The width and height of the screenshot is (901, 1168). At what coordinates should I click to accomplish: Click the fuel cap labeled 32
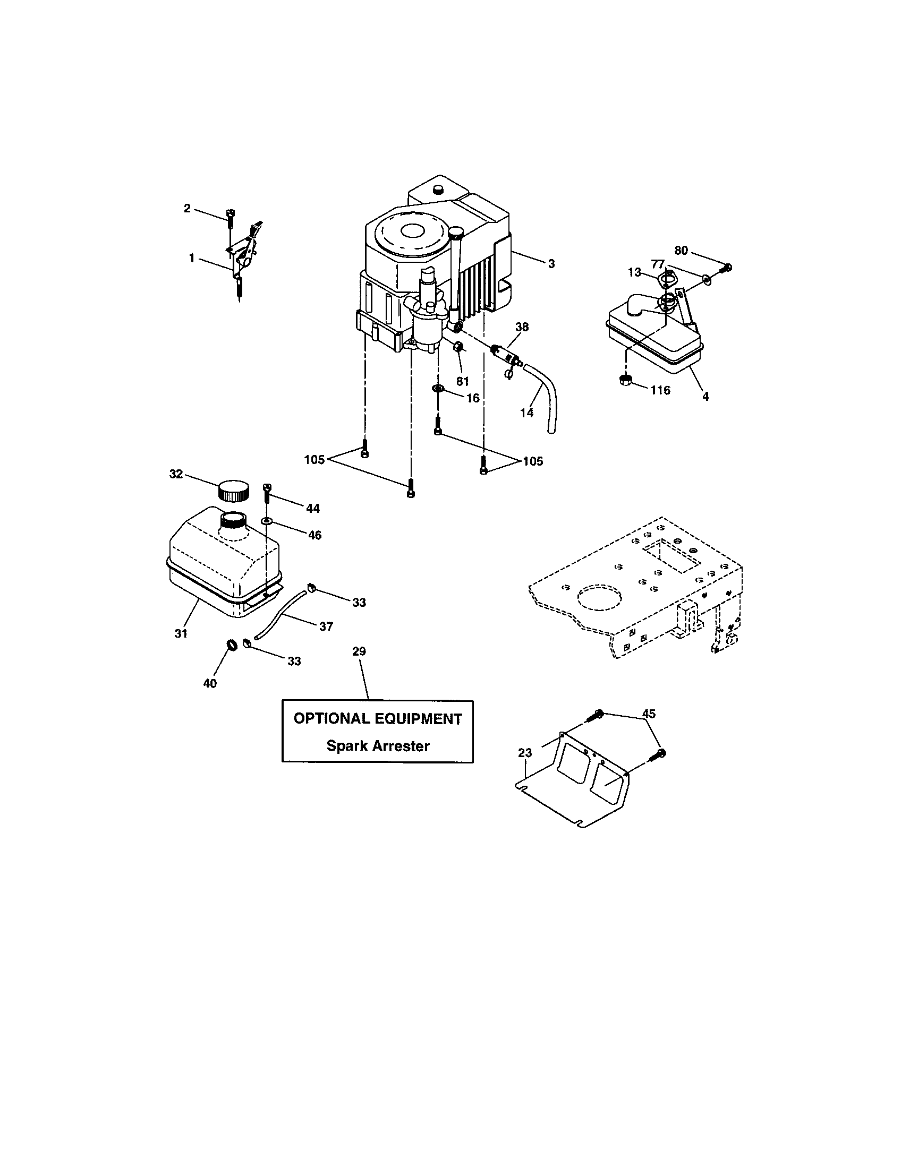pyautogui.click(x=234, y=491)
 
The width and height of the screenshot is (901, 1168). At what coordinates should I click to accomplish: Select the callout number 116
pyautogui.click(x=660, y=390)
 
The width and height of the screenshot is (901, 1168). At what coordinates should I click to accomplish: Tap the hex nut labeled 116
pyautogui.click(x=626, y=380)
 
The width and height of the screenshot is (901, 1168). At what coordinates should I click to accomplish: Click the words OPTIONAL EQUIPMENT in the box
pyautogui.click(x=377, y=719)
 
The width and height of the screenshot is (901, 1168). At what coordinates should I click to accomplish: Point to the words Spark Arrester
pyautogui.click(x=378, y=746)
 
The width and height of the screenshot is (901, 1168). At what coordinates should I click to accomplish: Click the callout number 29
pyautogui.click(x=359, y=651)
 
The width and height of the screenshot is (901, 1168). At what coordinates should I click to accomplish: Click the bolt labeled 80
pyautogui.click(x=726, y=268)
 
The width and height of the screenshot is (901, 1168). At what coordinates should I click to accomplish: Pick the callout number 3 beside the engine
pyautogui.click(x=551, y=264)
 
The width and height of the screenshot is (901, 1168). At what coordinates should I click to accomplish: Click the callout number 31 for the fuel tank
pyautogui.click(x=181, y=633)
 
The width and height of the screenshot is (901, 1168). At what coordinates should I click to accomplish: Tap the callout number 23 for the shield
pyautogui.click(x=525, y=753)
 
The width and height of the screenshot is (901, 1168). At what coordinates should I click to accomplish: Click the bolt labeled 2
pyautogui.click(x=230, y=217)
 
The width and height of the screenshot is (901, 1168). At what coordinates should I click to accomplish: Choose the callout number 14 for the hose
pyautogui.click(x=526, y=413)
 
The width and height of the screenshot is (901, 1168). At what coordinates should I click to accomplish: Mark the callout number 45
pyautogui.click(x=649, y=714)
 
